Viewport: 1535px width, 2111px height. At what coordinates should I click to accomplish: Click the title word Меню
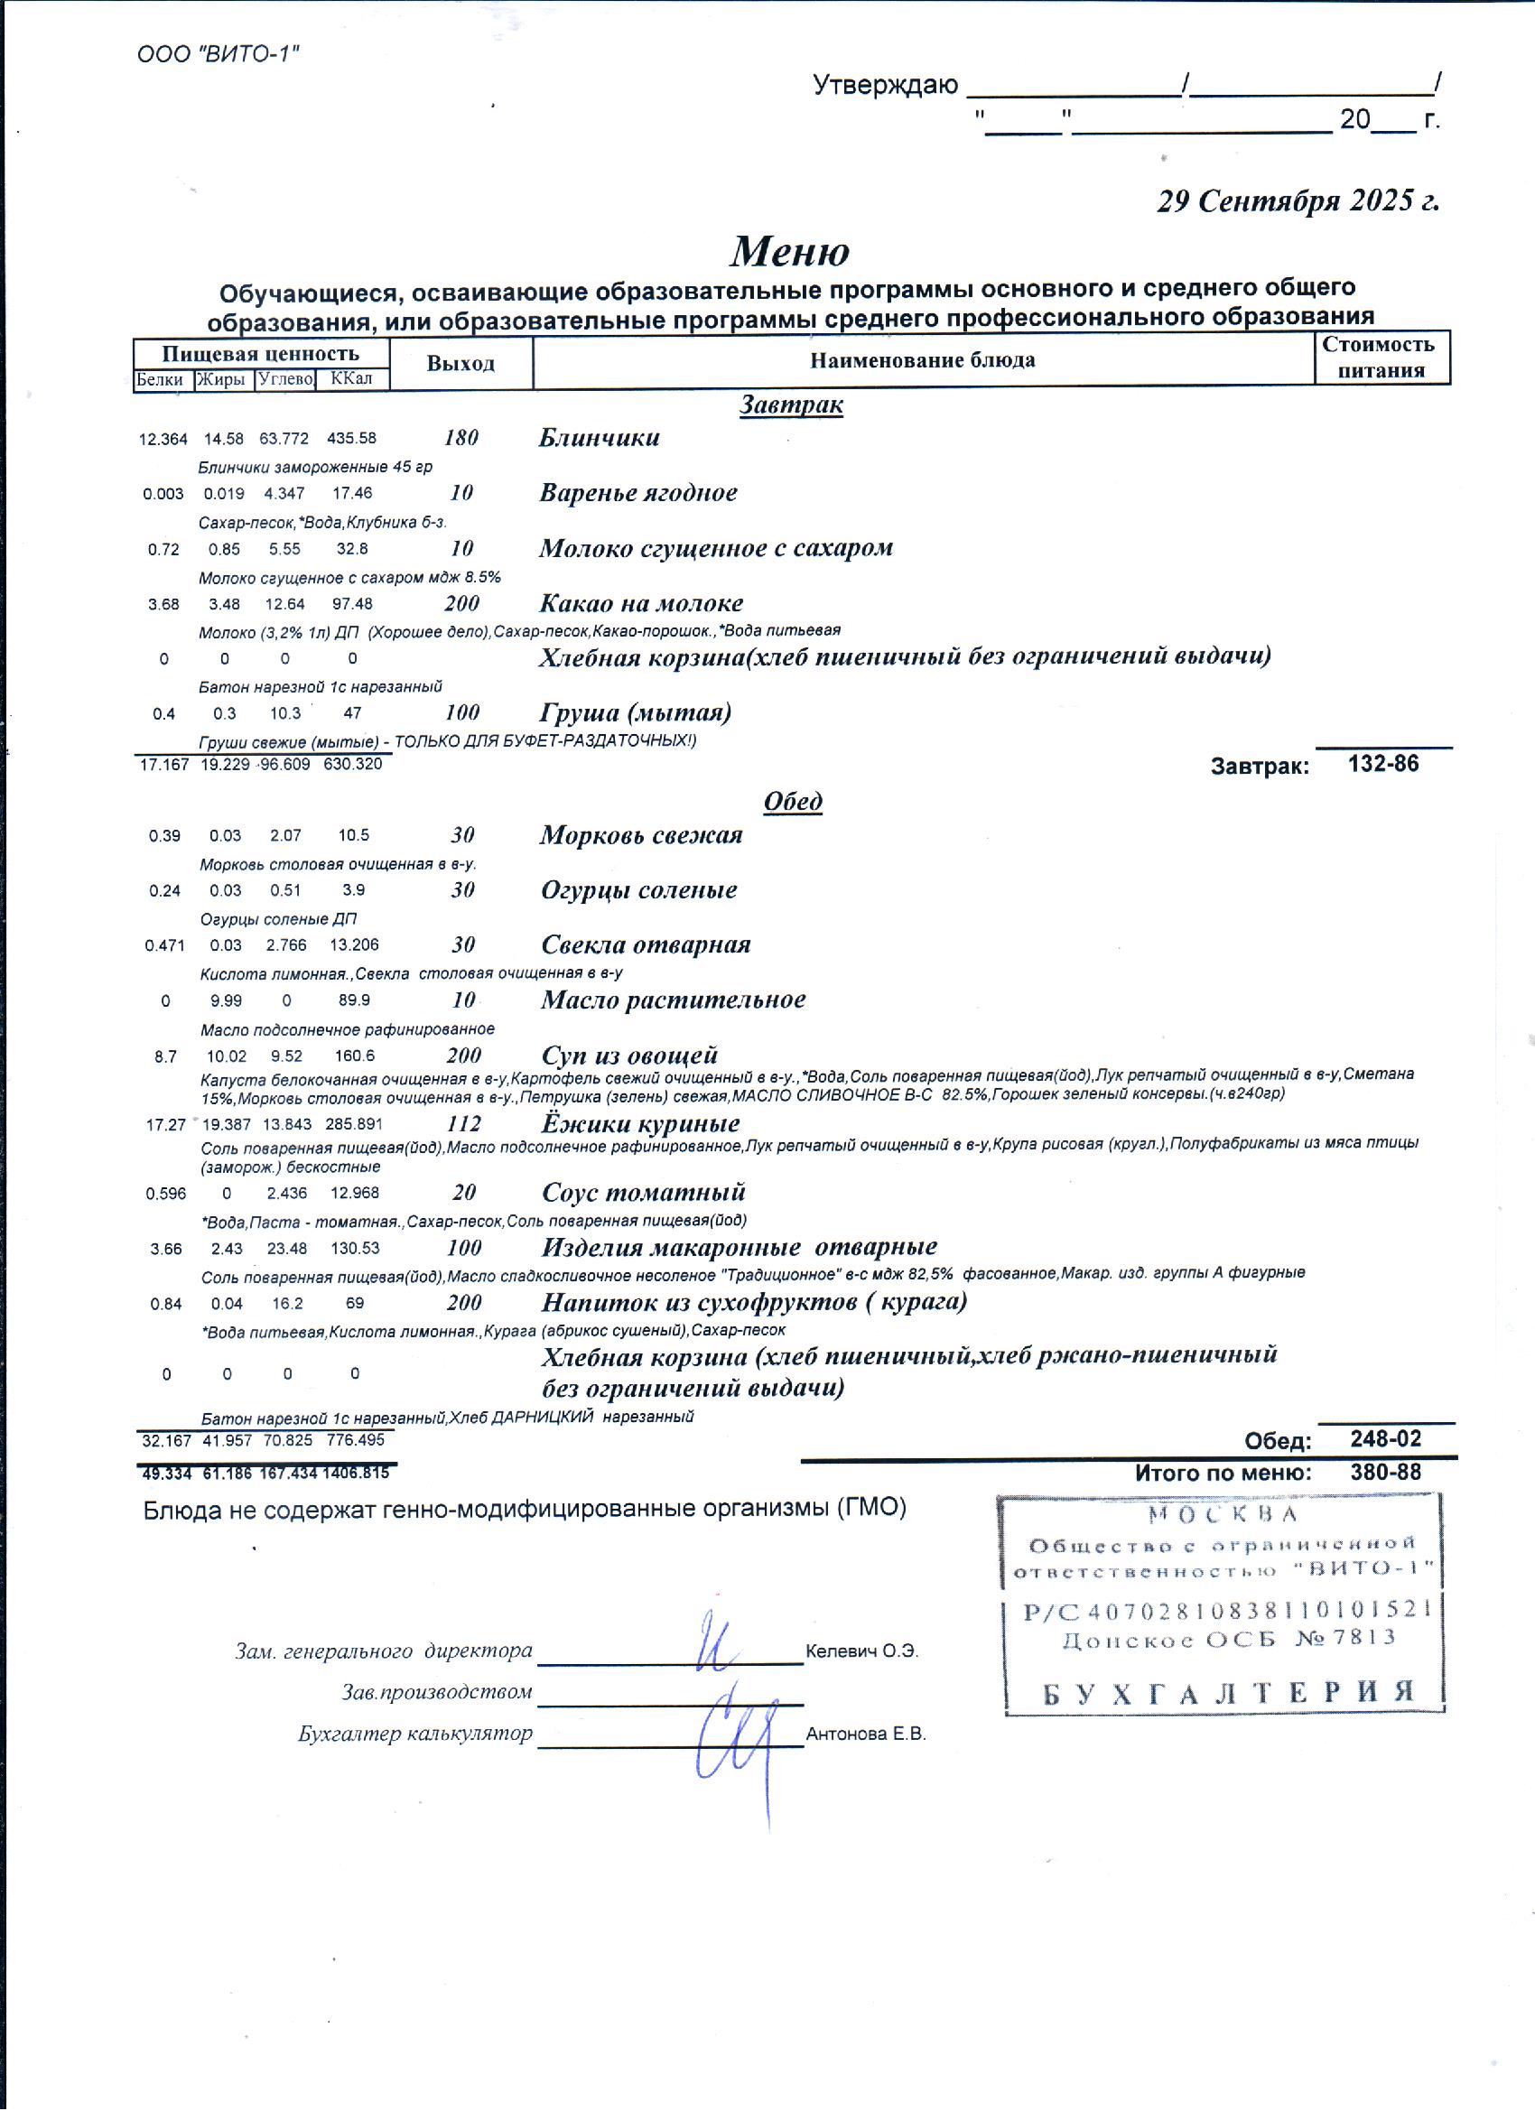pyautogui.click(x=789, y=251)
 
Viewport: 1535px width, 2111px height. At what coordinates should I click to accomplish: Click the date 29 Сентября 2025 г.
pyautogui.click(x=1298, y=201)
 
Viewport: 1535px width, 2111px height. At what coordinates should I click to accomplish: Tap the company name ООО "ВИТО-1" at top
pyautogui.click(x=218, y=54)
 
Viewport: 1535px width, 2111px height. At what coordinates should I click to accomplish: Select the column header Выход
pyautogui.click(x=460, y=363)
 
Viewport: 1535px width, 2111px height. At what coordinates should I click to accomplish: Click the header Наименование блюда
pyautogui.click(x=922, y=360)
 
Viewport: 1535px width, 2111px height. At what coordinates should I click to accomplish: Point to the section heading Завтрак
pyautogui.click(x=791, y=405)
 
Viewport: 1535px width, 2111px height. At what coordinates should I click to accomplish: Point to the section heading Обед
pyautogui.click(x=793, y=802)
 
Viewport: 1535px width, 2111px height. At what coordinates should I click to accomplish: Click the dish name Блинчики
pyautogui.click(x=599, y=438)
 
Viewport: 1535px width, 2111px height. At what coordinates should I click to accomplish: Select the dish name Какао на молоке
pyautogui.click(x=640, y=603)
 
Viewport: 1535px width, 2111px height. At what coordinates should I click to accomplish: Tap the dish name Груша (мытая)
pyautogui.click(x=635, y=713)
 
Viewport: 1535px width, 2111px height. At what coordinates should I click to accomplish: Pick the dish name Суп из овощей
pyautogui.click(x=629, y=1055)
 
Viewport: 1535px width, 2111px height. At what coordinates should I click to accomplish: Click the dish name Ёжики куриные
pyautogui.click(x=640, y=1123)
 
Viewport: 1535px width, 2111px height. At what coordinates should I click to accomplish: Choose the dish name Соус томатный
pyautogui.click(x=643, y=1193)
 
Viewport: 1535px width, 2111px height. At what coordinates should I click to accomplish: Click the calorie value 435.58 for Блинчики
pyautogui.click(x=352, y=439)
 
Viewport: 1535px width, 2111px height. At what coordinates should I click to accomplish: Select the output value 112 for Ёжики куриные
pyautogui.click(x=463, y=1123)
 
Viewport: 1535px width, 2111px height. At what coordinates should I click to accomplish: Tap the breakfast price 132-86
pyautogui.click(x=1383, y=764)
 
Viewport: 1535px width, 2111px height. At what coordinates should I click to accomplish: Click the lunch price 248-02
pyautogui.click(x=1386, y=1439)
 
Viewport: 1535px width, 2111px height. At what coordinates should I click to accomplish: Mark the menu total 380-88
pyautogui.click(x=1386, y=1473)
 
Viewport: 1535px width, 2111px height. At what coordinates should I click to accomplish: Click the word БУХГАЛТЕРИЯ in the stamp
pyautogui.click(x=1229, y=1693)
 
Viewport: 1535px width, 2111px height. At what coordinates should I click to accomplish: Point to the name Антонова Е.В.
pyautogui.click(x=866, y=1734)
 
